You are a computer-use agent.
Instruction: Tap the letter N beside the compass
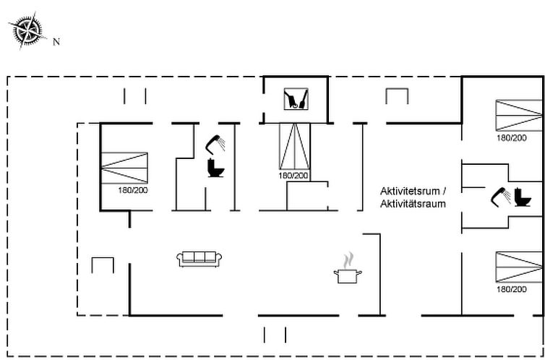click(56, 41)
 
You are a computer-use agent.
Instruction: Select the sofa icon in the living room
click(197, 258)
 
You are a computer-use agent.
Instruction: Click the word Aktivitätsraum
click(413, 204)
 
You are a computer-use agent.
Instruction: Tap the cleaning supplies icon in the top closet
click(296, 99)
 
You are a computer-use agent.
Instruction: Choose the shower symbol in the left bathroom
click(215, 142)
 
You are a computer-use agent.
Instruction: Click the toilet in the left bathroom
click(215, 169)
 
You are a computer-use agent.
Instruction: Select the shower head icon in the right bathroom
click(498, 196)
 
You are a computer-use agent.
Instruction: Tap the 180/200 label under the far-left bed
click(133, 191)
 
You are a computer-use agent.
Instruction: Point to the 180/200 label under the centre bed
click(293, 176)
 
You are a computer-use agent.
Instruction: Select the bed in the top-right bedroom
click(518, 114)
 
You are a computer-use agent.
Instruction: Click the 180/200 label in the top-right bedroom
click(511, 137)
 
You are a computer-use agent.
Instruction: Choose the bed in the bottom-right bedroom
click(518, 267)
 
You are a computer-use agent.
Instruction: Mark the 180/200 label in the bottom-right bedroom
click(511, 289)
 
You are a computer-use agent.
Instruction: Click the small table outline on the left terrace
click(103, 265)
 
